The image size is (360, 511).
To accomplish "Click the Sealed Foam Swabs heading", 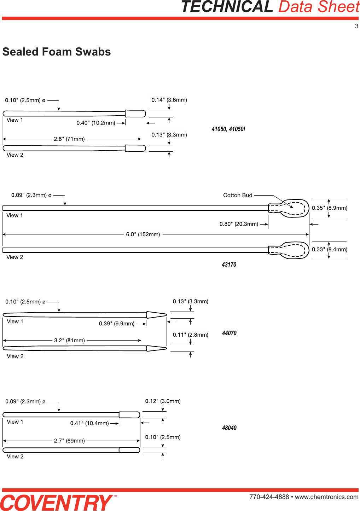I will coord(57,52).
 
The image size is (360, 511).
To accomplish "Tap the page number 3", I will coord(356,26).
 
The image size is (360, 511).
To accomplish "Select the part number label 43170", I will coord(229,265).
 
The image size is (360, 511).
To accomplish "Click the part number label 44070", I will coord(229,333).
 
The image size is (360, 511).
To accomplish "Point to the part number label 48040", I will coord(229,428).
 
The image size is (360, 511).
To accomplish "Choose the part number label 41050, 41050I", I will coord(228,129).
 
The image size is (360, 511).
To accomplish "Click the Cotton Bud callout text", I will coord(238,195).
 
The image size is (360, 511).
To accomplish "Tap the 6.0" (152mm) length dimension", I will coord(143,234).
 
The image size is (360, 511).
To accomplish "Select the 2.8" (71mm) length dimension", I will coord(69,139).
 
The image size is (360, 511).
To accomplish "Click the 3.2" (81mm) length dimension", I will coord(69,341).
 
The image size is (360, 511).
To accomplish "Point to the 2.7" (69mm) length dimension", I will coord(69,441).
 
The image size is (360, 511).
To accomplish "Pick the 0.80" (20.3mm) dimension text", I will coord(239,224).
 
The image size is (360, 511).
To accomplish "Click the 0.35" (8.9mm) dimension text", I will coord(329,208).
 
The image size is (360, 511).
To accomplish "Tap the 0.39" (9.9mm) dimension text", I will coord(117,324).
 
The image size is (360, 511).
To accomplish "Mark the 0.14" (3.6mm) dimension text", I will coord(169,100).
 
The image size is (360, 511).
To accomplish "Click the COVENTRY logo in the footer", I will coord(57,503).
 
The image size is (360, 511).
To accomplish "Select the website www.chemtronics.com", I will coord(326,497).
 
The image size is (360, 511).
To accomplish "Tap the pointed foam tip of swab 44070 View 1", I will coord(156,315).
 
